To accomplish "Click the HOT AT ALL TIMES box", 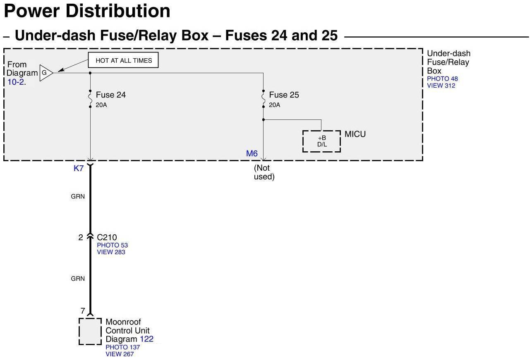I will click(123, 61).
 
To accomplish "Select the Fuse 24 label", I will click(110, 95).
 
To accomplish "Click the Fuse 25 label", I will click(284, 95).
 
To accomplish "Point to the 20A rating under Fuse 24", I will click(101, 105).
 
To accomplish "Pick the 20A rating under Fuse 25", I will click(274, 105).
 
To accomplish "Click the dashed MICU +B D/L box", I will click(321, 141).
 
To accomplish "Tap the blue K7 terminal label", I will click(79, 168).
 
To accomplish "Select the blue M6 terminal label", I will click(252, 154).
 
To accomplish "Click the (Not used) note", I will click(264, 172).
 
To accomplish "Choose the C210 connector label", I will click(107, 237).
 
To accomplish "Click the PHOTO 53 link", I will click(112, 245).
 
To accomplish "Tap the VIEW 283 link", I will click(111, 252).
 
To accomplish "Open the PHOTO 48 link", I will click(442, 79).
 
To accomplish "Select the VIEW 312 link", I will click(441, 86).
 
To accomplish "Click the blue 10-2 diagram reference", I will click(16, 82).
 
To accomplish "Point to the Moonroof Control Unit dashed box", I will click(90, 331).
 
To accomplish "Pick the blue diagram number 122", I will click(146, 339).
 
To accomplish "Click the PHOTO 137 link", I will click(122, 347).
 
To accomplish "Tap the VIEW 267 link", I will click(120, 354).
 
